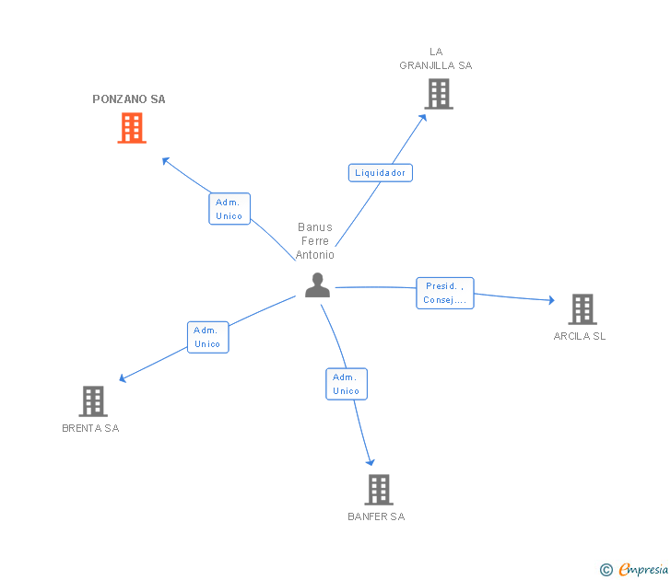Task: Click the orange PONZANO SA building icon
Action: click(132, 128)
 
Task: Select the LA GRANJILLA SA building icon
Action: click(439, 94)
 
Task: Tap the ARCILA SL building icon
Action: click(582, 309)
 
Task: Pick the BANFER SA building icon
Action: click(378, 489)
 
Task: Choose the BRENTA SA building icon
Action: click(93, 400)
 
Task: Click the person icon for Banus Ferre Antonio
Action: click(317, 285)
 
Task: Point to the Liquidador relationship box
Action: click(380, 172)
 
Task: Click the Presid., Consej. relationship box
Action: click(444, 293)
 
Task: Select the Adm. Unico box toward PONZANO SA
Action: click(229, 209)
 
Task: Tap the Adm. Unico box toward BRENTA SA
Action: click(207, 337)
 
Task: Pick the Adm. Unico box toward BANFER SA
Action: click(347, 384)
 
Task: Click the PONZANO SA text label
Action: click(129, 99)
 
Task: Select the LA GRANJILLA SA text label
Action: click(435, 59)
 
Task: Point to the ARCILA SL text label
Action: click(580, 336)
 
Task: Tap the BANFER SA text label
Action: click(376, 516)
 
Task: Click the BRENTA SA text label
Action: click(90, 428)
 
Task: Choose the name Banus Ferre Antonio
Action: click(315, 241)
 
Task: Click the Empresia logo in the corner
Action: click(643, 570)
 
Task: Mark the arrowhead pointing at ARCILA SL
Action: click(551, 299)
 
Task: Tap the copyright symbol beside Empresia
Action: click(606, 570)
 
